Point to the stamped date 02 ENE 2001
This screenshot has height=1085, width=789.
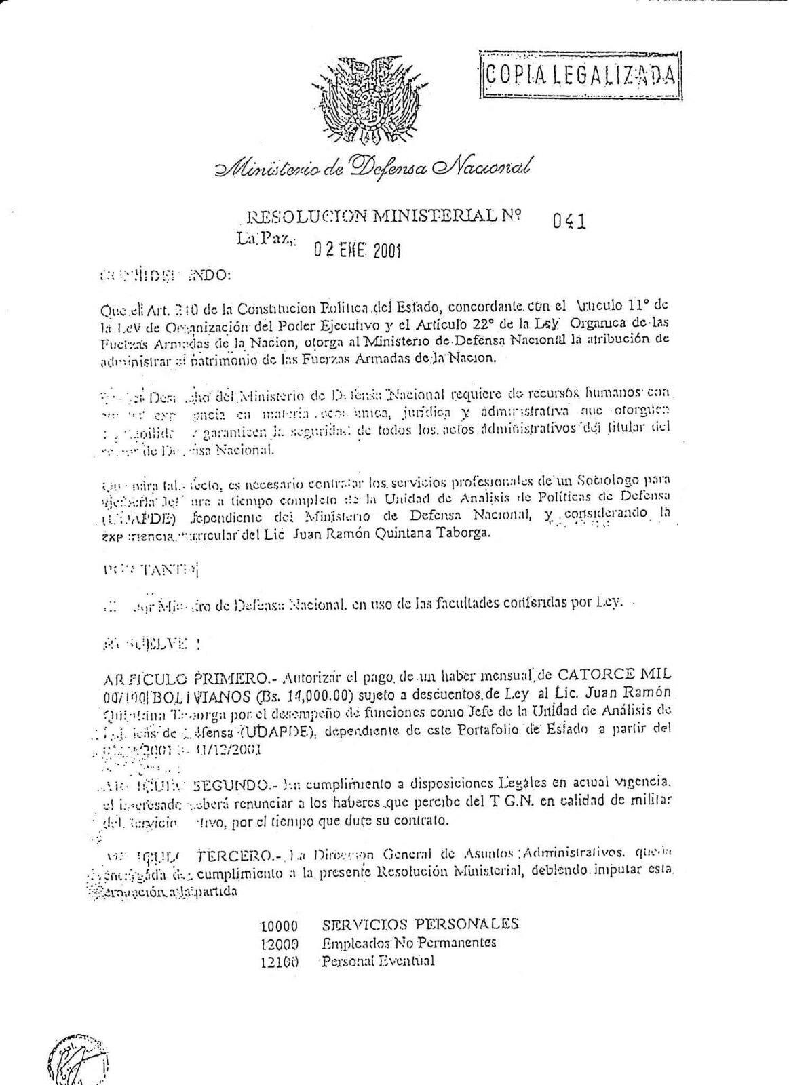pyautogui.click(x=356, y=251)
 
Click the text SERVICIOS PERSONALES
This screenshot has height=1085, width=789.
pyautogui.click(x=421, y=924)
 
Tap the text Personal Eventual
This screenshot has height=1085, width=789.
pyautogui.click(x=378, y=961)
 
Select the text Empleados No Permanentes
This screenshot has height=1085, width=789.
pyautogui.click(x=408, y=943)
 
